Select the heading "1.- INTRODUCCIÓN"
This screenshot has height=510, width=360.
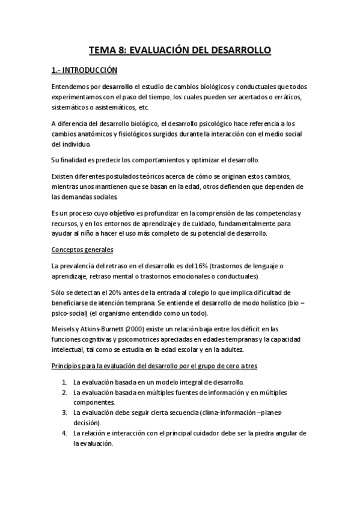(x=84, y=70)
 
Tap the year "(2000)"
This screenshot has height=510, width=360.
(x=134, y=328)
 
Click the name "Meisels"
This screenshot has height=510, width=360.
(x=64, y=328)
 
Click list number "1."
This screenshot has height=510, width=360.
(x=64, y=382)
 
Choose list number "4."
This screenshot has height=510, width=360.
(x=64, y=433)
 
